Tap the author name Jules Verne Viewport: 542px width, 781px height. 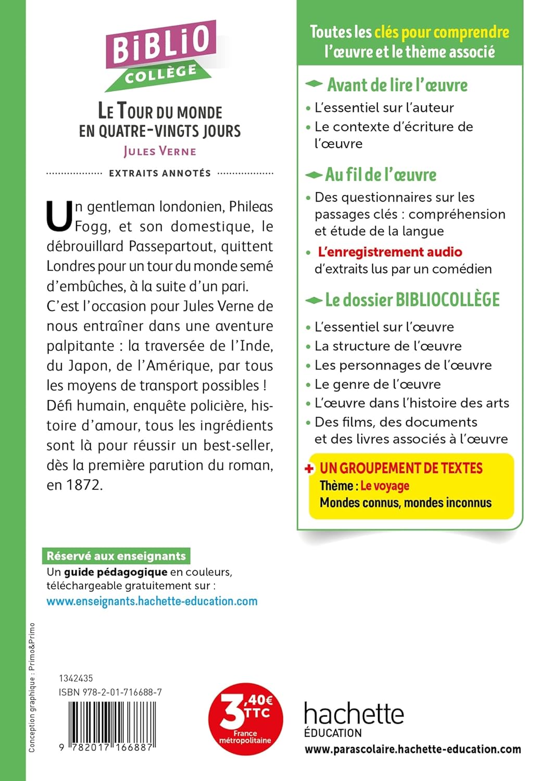[160, 152]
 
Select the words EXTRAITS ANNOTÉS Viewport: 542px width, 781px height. [160, 173]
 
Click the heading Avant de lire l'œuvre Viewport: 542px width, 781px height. [397, 85]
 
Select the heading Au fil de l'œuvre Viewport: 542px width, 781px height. [381, 174]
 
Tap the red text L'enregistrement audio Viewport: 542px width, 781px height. [390, 252]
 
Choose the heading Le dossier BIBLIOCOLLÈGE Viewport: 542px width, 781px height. [412, 300]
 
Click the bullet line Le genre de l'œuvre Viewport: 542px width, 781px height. [377, 384]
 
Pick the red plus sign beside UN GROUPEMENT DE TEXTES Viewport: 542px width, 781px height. [310, 469]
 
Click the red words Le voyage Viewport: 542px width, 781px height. [385, 486]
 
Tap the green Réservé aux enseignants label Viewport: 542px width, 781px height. [116, 556]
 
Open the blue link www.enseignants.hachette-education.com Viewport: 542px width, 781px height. [152, 601]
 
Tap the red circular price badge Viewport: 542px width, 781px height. [245, 719]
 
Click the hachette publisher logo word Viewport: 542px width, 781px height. [354, 713]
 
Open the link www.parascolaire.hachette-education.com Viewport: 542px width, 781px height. [412, 749]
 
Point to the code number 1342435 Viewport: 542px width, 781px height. [76, 678]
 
